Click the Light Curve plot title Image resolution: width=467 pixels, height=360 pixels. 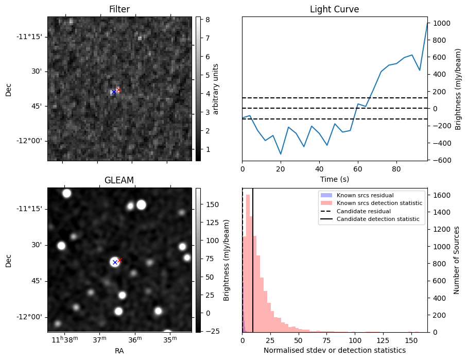(334, 9)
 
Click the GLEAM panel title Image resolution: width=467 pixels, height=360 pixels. (119, 180)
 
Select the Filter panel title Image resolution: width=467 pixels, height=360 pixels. (119, 9)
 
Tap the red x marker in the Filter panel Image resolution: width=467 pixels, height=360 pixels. (118, 90)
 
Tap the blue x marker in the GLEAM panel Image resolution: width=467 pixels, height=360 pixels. (115, 262)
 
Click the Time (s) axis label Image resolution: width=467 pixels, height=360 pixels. (334, 178)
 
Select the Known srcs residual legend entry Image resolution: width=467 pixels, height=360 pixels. (365, 195)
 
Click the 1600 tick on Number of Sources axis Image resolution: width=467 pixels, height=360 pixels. (441, 195)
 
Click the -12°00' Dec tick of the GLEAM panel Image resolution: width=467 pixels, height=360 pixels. (32, 317)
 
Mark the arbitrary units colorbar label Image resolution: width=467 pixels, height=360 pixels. (216, 89)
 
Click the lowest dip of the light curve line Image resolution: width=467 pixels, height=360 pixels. (281, 154)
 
